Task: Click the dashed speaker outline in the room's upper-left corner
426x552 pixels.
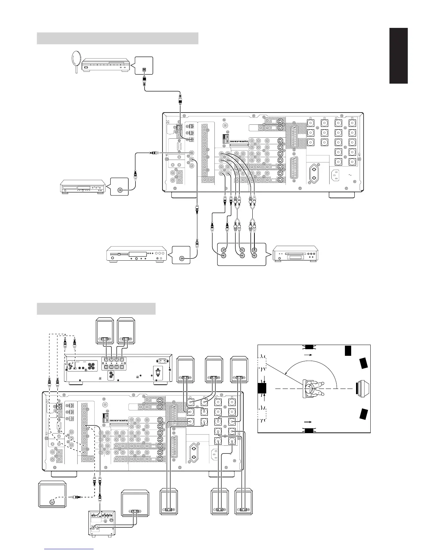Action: [x=262, y=363]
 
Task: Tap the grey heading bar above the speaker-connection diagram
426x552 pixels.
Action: [x=96, y=309]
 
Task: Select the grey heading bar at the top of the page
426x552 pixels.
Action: [x=117, y=38]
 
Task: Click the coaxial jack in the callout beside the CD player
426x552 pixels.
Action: [x=120, y=190]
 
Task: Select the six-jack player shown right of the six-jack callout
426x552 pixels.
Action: [x=295, y=253]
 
